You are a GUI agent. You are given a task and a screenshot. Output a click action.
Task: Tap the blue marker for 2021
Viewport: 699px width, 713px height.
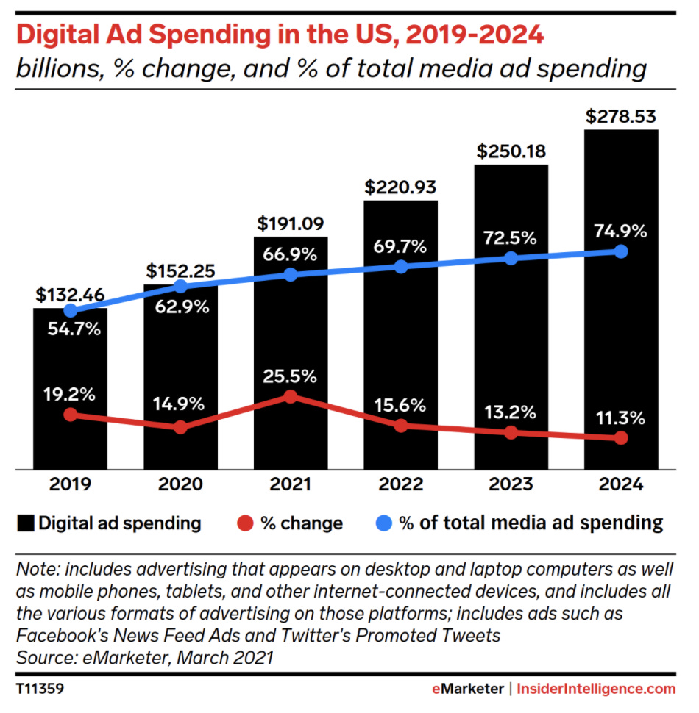(291, 274)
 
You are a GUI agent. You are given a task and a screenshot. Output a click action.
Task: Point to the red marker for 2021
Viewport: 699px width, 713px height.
(291, 397)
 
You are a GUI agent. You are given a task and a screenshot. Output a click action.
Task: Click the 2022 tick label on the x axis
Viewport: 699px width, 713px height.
(401, 485)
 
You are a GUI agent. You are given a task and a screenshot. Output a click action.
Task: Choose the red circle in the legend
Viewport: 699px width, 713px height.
(246, 523)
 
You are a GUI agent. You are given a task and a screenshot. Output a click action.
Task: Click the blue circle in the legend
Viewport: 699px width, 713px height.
(384, 523)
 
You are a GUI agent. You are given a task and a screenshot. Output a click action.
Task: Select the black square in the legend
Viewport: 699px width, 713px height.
(26, 523)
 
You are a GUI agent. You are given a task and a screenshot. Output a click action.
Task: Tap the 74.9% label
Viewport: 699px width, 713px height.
(621, 232)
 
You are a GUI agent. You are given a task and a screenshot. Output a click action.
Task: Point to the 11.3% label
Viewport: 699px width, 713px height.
(621, 419)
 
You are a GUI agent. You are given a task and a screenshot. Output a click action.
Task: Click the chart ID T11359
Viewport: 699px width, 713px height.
(41, 689)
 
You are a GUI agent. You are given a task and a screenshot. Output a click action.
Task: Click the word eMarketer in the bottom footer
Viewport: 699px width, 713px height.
(468, 689)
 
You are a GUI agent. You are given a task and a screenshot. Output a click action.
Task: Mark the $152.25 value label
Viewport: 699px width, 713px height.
(180, 271)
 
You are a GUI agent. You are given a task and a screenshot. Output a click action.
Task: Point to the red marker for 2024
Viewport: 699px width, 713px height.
(621, 438)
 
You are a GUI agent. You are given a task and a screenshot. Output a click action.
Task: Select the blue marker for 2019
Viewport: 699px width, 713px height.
(70, 311)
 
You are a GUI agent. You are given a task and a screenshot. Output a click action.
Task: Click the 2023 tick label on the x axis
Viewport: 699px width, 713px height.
(511, 485)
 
